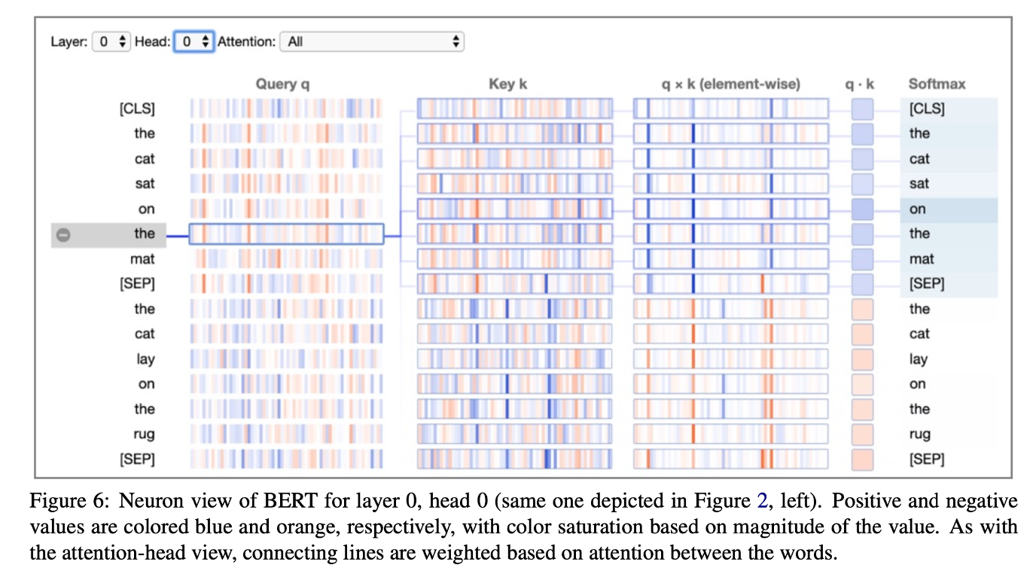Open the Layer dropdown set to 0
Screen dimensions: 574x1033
pyautogui.click(x=111, y=41)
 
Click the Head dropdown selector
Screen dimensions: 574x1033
pyautogui.click(x=194, y=41)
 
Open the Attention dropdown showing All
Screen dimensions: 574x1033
pyautogui.click(x=371, y=41)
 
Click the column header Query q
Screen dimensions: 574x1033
pyautogui.click(x=282, y=84)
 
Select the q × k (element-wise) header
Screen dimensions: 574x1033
pyautogui.click(x=730, y=84)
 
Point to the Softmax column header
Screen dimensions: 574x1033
pyautogui.click(x=937, y=84)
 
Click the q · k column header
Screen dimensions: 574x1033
pyautogui.click(x=860, y=84)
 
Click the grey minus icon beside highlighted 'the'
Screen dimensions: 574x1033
pyautogui.click(x=64, y=234)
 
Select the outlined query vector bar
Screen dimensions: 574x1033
pyautogui.click(x=286, y=234)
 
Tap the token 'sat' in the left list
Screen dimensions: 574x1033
pyautogui.click(x=145, y=184)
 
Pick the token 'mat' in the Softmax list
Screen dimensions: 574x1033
pyautogui.click(x=921, y=259)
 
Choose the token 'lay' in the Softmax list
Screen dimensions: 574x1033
pyautogui.click(x=918, y=359)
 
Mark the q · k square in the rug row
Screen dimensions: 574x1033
pyautogui.click(x=862, y=434)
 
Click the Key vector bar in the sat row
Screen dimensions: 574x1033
pyautogui.click(x=514, y=184)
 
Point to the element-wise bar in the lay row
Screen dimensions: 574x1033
pyautogui.click(x=730, y=359)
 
